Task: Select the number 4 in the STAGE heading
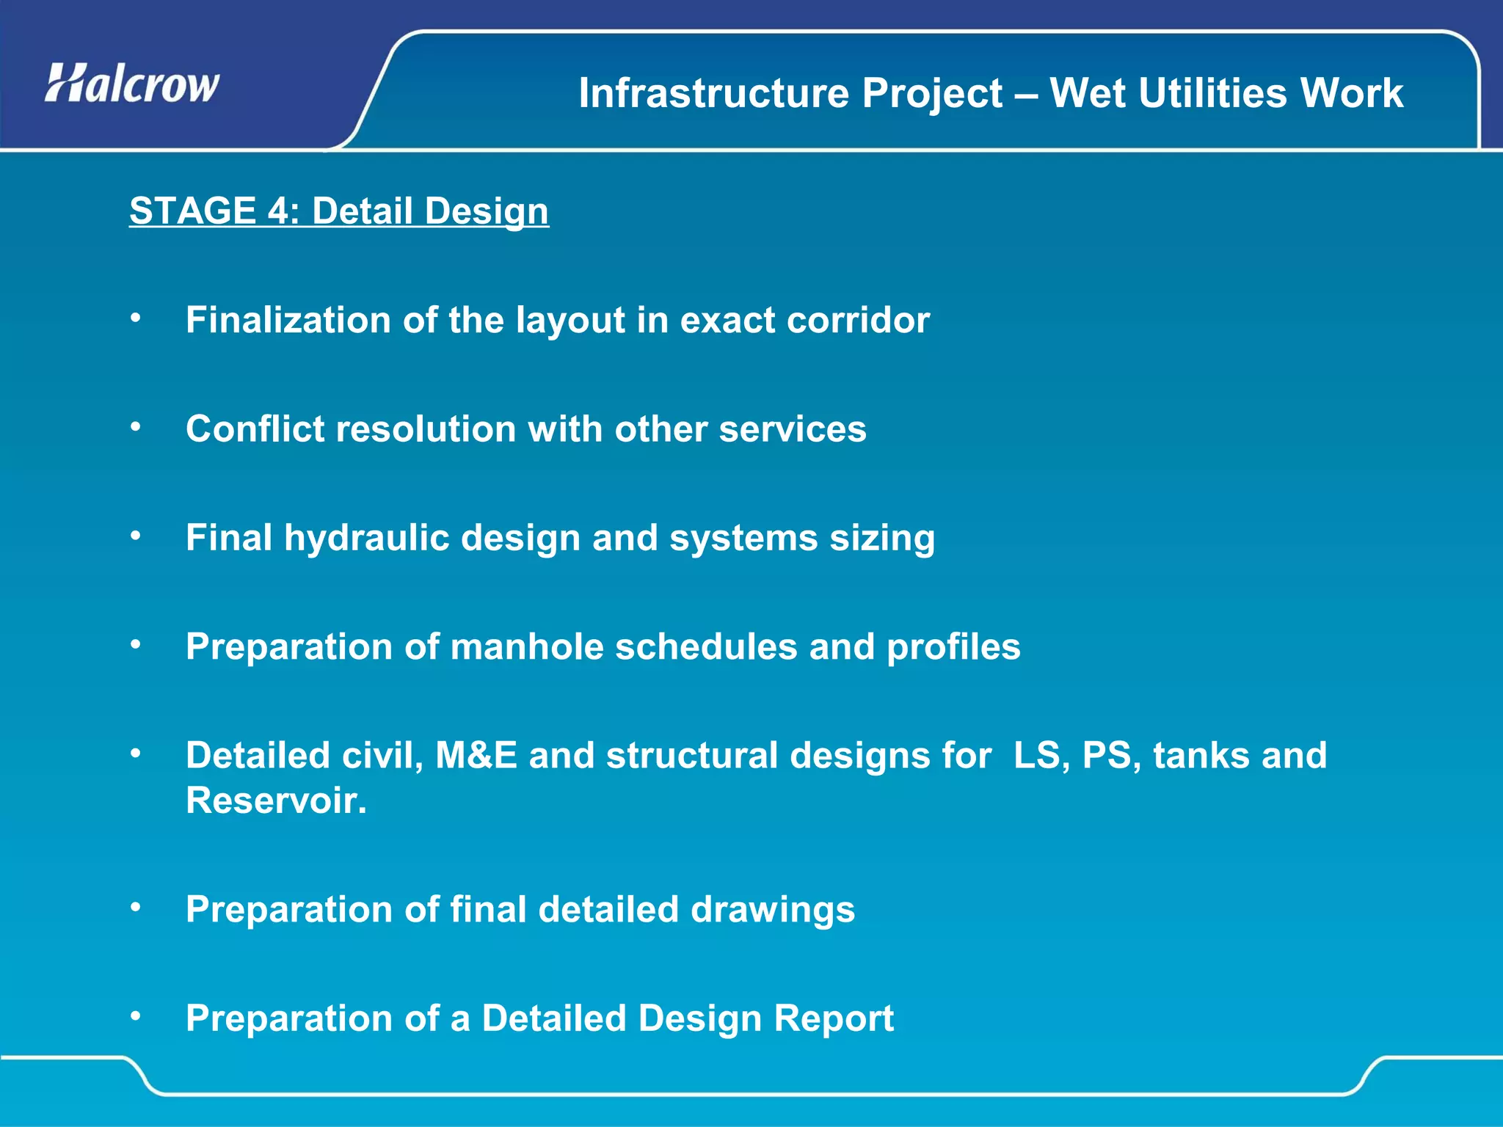click(278, 211)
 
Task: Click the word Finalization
click(288, 321)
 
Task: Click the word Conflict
click(254, 429)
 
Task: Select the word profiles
click(953, 647)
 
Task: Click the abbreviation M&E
click(476, 756)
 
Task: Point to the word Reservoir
click(276, 800)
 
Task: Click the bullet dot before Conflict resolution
click(135, 426)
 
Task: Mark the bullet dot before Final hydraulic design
click(135, 536)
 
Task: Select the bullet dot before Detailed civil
click(135, 753)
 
